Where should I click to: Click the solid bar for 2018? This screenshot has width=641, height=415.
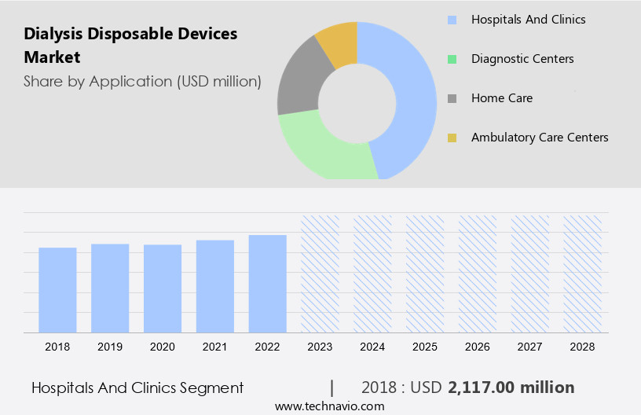(57, 290)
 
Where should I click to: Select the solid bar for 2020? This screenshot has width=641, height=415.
(163, 288)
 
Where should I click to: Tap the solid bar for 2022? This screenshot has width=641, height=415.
(268, 284)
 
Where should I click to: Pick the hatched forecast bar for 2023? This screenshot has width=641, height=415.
(320, 274)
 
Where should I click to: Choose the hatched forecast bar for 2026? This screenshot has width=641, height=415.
(478, 274)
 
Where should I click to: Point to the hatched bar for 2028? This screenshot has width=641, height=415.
(582, 274)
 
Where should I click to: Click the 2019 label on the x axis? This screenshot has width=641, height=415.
(110, 346)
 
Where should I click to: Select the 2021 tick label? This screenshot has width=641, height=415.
(215, 346)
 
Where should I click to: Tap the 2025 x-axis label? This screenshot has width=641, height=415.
(425, 346)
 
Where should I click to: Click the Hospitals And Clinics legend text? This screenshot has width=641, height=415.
(528, 20)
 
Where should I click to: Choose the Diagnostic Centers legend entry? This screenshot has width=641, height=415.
(522, 59)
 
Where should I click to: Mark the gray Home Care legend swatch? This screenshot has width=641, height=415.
(452, 98)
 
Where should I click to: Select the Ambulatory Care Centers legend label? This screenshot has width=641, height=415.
(540, 138)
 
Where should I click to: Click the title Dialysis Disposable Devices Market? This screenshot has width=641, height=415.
(130, 46)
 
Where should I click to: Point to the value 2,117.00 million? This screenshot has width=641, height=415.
(511, 387)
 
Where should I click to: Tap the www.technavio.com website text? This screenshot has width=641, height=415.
(329, 406)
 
